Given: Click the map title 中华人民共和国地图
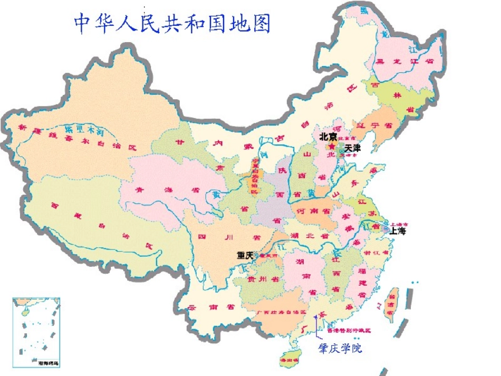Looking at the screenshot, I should [x=172, y=23].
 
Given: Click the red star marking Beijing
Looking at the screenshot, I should [x=332, y=146].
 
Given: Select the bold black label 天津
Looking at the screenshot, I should [x=352, y=148].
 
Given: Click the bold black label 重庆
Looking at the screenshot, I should [x=245, y=255].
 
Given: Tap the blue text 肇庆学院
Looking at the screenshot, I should [x=340, y=349].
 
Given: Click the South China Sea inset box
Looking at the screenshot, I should [x=36, y=332].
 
